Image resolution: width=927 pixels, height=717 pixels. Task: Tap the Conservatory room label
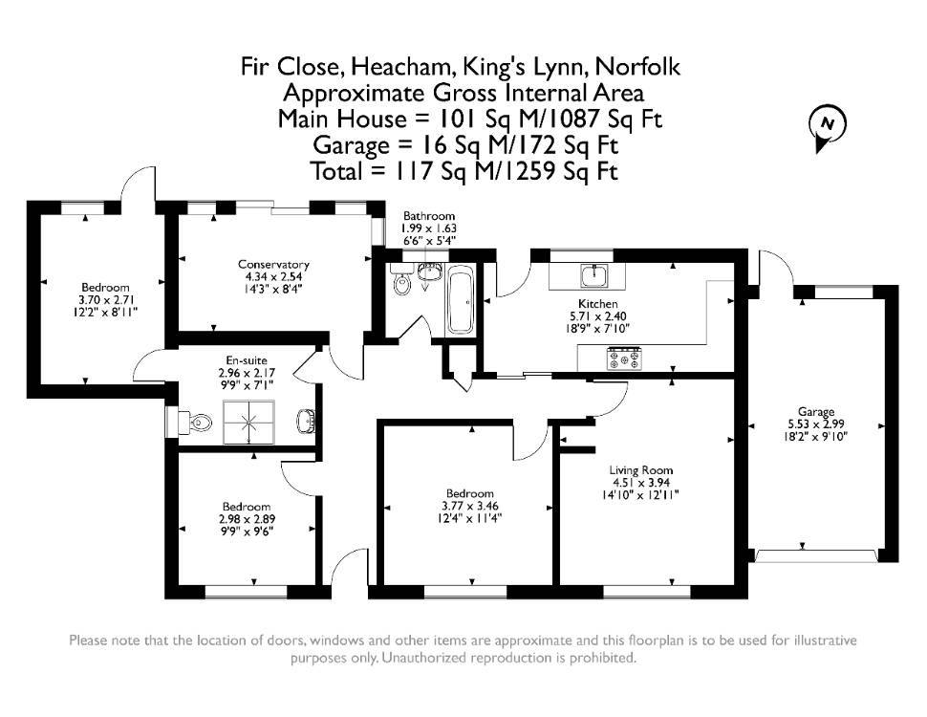click(x=273, y=265)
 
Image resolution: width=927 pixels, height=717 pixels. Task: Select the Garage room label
click(x=816, y=411)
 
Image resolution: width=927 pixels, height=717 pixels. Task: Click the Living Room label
click(x=641, y=470)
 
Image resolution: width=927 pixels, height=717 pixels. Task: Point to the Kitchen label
click(x=597, y=303)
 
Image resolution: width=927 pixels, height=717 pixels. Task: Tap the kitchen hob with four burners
click(x=624, y=359)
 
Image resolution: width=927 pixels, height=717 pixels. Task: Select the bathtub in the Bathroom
click(x=460, y=300)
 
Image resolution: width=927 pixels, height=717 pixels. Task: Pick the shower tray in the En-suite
click(x=248, y=422)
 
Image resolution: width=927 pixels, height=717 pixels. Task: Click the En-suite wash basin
click(x=306, y=421)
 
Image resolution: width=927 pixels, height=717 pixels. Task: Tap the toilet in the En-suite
click(x=196, y=422)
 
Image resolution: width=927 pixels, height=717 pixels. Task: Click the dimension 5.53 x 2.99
click(x=816, y=424)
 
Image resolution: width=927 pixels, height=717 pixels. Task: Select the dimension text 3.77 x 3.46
click(x=470, y=507)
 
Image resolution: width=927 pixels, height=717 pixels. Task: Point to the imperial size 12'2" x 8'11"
click(x=105, y=312)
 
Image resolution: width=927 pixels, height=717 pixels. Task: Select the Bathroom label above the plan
click(x=429, y=216)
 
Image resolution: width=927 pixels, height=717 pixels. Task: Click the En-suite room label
click(x=247, y=360)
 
